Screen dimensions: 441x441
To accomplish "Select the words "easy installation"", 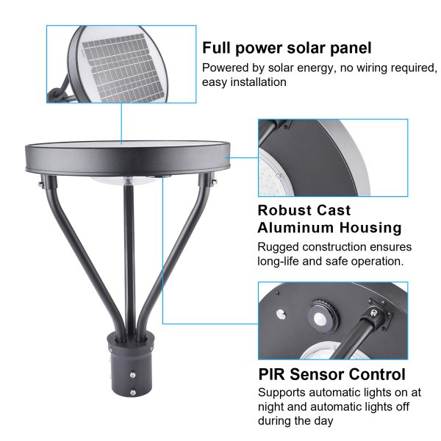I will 244,82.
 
